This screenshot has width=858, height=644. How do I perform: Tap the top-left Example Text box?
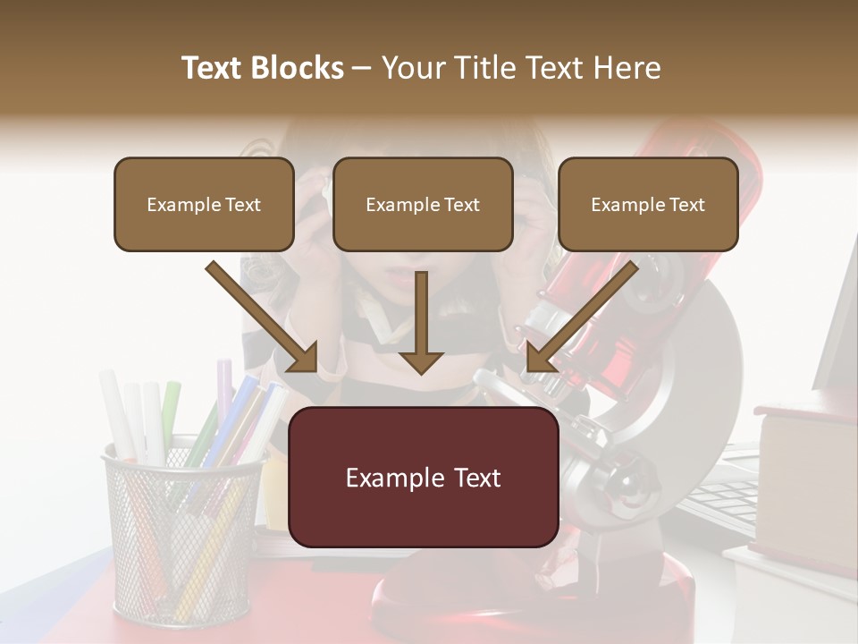(x=204, y=204)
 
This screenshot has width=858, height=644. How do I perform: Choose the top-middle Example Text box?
(x=423, y=204)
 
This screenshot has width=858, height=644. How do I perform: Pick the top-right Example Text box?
(x=648, y=204)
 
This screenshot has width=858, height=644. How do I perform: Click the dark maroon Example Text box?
(x=423, y=477)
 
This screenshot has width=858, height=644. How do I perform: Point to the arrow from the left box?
(x=263, y=317)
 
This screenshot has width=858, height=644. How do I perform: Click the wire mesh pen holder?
(x=183, y=537)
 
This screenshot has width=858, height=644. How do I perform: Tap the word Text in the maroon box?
(x=473, y=478)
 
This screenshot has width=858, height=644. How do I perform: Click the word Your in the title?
(x=411, y=68)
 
